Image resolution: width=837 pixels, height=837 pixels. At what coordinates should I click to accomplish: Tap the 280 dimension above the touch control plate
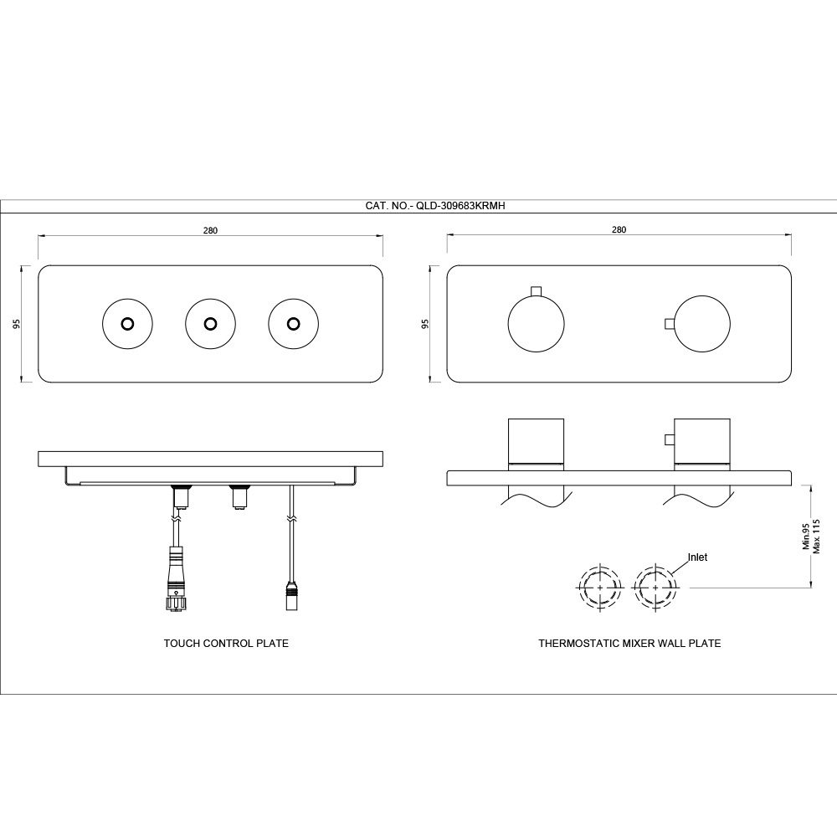point(210,231)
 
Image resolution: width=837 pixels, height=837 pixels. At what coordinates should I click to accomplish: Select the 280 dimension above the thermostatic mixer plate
point(619,230)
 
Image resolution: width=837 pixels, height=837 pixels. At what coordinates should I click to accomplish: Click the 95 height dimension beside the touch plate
point(16,323)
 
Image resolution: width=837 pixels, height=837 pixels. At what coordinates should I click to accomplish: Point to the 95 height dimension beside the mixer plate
point(425,323)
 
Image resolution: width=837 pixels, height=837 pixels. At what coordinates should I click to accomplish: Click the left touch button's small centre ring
point(127,324)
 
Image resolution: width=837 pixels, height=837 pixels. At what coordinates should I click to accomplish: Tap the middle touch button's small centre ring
point(210,324)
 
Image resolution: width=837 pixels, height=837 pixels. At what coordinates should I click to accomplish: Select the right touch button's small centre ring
point(293,324)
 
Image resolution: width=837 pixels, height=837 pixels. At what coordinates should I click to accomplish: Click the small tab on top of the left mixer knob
point(536,290)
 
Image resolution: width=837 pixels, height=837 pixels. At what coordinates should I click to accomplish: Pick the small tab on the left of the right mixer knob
point(670,324)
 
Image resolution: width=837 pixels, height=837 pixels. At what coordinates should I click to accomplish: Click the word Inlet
point(697,557)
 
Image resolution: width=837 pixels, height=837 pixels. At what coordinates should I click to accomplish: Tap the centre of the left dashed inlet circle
point(600,587)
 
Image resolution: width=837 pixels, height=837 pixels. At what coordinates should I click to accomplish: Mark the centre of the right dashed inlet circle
point(655,587)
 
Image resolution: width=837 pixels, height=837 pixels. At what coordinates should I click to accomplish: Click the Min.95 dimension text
point(806,536)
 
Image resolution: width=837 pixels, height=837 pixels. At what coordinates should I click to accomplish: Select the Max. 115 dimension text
point(815,536)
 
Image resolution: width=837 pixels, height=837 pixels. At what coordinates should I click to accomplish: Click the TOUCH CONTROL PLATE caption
point(226,643)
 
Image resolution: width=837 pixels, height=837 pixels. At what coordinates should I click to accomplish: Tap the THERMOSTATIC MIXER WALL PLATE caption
point(629,643)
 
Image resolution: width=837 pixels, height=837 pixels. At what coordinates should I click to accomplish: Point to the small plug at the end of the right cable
point(291,596)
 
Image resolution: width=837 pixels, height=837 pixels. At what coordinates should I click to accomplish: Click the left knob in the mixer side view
point(536,441)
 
